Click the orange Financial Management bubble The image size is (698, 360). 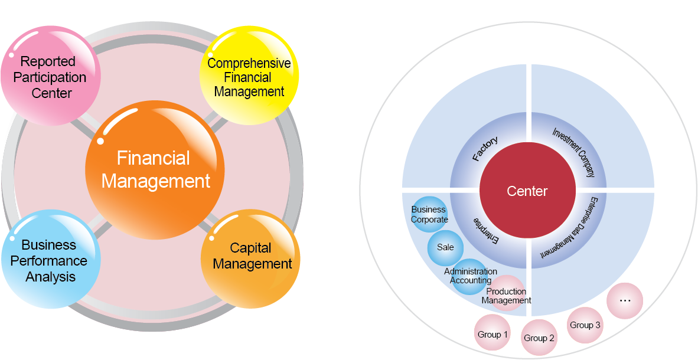coord(155,170)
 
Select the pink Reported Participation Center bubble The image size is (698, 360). coord(50,77)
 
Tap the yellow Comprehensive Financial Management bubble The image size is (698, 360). coord(249,77)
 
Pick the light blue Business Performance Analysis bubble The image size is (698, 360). coord(50,260)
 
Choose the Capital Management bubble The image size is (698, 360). coord(252,257)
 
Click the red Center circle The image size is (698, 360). coord(527,191)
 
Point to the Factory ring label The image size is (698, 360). coord(485,149)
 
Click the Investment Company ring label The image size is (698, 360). coord(572,152)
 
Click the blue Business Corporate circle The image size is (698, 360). coord(429,214)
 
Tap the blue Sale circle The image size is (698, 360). coord(445,247)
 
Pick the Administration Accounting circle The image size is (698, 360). coord(471,276)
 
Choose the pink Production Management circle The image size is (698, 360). coord(507,293)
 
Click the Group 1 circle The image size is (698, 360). coord(492,335)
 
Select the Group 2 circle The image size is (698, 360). coord(539,338)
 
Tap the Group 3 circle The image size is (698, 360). coord(585,325)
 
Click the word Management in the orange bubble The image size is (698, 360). coord(156,181)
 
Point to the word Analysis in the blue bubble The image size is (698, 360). coord(51,277)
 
